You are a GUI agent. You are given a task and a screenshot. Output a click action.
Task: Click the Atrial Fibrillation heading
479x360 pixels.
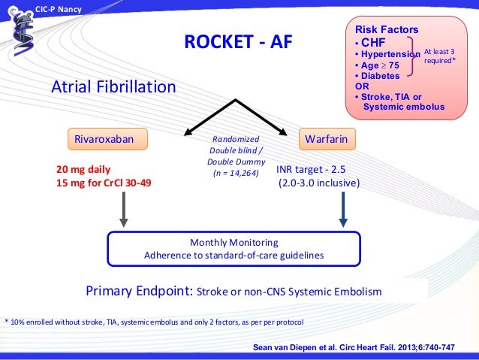click(113, 88)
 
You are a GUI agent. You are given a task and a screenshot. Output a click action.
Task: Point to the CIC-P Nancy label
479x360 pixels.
click(61, 8)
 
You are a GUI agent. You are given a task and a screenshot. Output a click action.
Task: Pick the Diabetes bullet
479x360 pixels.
click(376, 76)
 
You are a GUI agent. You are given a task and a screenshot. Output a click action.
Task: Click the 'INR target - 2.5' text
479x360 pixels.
click(311, 169)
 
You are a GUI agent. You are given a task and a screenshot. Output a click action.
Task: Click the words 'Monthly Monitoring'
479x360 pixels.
click(233, 243)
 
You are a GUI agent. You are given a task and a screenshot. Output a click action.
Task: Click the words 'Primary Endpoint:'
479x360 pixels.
click(140, 291)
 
